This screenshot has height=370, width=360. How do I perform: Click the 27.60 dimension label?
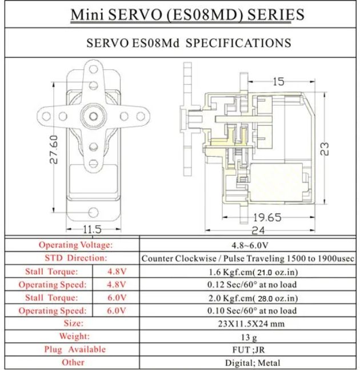coord(54,149)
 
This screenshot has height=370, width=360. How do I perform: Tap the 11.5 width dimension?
coord(92,229)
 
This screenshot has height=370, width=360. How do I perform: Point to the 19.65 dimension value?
coord(267,217)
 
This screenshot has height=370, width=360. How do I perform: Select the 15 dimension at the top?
coord(279,82)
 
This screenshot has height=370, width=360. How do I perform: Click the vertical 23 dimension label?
coord(325,149)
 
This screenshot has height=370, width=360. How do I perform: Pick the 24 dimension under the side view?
coord(258,230)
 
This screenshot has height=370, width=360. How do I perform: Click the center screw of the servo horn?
coord(93,116)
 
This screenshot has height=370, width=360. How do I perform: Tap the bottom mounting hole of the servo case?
coord(93,212)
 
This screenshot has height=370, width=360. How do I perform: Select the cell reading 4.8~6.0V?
coord(250,245)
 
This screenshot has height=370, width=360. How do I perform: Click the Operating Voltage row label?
coord(75,245)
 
